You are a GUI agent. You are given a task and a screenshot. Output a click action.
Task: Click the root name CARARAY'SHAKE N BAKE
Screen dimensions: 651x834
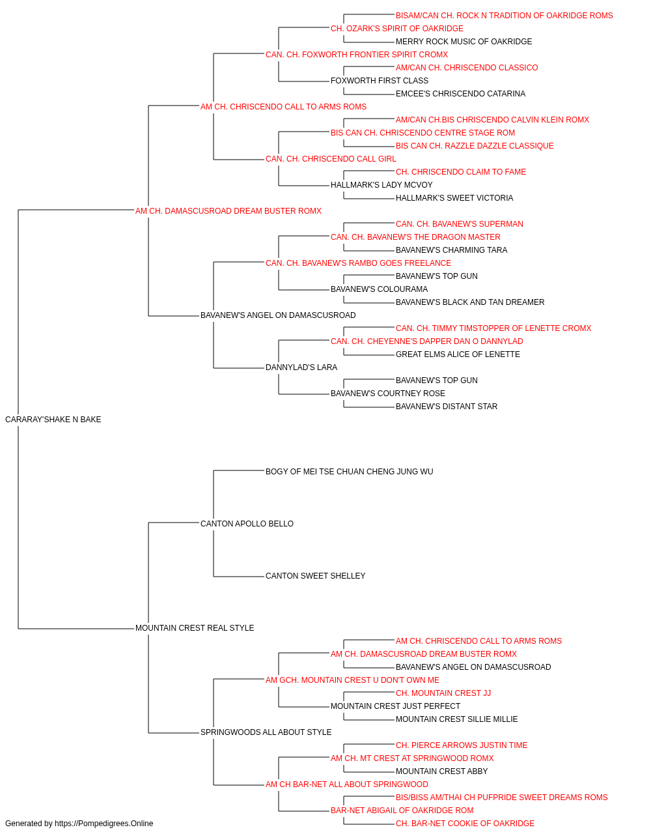[53, 420]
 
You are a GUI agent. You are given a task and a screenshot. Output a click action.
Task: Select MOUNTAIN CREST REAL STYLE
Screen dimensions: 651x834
[195, 628]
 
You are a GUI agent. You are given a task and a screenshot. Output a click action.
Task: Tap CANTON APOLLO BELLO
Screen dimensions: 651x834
[247, 523]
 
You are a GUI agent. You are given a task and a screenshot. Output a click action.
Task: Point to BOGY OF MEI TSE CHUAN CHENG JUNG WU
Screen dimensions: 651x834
[350, 471]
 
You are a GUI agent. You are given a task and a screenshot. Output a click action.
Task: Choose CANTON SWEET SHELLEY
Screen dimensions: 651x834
[316, 576]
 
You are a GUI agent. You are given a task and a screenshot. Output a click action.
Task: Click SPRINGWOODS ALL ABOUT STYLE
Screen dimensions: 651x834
[266, 732]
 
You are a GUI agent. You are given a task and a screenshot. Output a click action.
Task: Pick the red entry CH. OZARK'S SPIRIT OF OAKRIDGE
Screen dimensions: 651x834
[397, 29]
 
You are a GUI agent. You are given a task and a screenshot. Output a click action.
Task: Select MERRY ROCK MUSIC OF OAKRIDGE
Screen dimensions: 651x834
[464, 42]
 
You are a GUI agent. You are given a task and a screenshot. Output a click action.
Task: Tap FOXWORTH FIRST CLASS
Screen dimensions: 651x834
[380, 81]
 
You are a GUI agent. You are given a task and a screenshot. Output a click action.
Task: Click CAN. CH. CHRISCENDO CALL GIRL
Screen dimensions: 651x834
[331, 159]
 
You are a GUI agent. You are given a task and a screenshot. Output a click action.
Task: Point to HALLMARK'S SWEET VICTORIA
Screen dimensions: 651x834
[454, 198]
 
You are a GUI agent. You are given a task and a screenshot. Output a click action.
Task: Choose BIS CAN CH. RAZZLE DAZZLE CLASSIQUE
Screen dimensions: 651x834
[475, 146]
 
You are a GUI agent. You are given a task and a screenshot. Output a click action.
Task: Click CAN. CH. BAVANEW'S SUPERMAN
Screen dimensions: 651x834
[460, 224]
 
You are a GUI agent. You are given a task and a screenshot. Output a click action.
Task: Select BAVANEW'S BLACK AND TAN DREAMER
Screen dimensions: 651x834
[470, 302]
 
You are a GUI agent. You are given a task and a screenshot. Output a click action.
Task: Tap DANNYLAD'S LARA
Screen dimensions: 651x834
[301, 367]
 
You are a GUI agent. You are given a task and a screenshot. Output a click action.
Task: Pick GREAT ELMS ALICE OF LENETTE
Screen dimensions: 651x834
[458, 354]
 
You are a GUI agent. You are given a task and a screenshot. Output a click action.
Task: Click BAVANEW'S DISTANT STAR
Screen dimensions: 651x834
[447, 407]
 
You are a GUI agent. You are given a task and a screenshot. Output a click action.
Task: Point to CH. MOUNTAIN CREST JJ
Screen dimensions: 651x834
[443, 693]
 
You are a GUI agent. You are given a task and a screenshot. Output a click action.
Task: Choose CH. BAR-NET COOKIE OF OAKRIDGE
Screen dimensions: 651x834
[465, 824]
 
